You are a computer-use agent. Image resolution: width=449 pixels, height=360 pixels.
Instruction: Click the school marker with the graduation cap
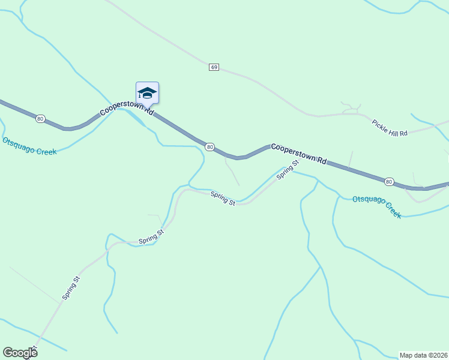[x=147, y=93]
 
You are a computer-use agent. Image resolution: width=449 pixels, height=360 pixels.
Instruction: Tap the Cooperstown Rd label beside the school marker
[x=127, y=109]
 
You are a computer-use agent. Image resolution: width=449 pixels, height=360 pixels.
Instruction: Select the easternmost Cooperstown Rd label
[x=298, y=154]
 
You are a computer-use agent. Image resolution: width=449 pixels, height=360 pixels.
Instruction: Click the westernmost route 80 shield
[x=40, y=119]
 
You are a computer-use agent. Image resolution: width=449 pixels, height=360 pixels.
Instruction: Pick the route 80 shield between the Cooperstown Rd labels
[x=209, y=146]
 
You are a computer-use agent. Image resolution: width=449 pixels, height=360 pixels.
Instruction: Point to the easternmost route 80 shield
[x=389, y=181]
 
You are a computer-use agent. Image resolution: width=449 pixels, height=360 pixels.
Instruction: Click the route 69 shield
[x=214, y=67]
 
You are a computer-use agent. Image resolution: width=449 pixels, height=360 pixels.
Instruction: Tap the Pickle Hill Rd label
[x=390, y=127]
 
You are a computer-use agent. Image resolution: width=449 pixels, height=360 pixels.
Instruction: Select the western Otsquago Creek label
[x=29, y=146]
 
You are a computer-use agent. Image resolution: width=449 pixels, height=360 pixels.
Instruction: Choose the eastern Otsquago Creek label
[x=376, y=206]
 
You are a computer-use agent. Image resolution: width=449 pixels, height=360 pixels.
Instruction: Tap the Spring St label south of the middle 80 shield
[x=223, y=199]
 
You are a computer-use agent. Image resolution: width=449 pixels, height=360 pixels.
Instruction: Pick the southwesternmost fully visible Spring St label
[x=70, y=288]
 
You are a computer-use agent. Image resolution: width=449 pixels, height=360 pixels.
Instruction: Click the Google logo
[x=20, y=353]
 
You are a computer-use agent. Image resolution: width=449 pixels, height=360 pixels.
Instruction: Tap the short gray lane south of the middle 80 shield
[x=232, y=172]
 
